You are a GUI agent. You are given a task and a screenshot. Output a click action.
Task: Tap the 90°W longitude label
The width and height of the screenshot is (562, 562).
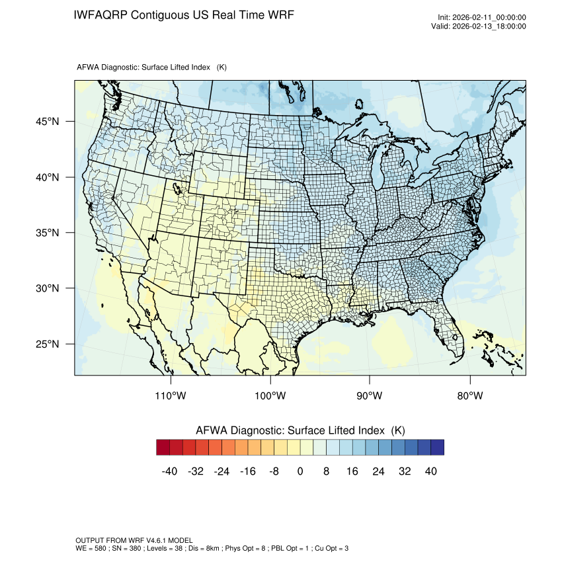[370, 395]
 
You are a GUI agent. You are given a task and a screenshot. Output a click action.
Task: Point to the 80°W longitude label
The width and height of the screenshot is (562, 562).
[469, 395]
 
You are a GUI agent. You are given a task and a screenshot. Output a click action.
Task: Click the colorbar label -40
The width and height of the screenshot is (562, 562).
[170, 471]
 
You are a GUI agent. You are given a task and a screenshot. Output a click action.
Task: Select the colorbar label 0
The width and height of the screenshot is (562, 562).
[300, 471]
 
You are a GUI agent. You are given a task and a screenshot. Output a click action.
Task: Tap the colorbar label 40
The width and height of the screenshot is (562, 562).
[430, 471]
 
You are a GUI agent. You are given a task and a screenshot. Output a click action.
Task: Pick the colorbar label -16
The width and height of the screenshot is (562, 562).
[248, 471]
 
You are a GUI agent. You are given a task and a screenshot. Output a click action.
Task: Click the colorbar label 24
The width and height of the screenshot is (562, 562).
[378, 471]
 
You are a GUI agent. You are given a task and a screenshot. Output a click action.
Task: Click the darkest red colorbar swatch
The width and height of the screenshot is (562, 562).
[163, 448]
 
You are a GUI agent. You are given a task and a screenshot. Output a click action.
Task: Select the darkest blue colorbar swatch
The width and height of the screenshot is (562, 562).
[437, 448]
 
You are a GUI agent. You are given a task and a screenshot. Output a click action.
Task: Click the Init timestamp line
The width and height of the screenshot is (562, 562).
[481, 18]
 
